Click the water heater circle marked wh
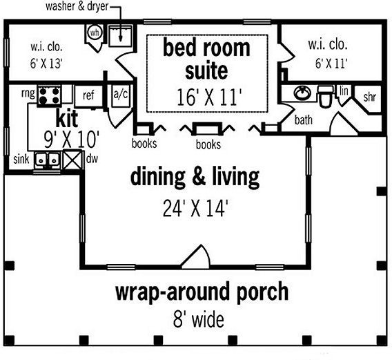pyautogui.click(x=95, y=32)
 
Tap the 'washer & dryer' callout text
pyautogui.click(x=77, y=6)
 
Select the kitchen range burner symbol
pyautogui.click(x=49, y=96)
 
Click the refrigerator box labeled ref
pyautogui.click(x=88, y=96)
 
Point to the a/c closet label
pyautogui.click(x=121, y=95)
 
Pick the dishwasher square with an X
pyautogui.click(x=72, y=160)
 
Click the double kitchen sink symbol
pyautogui.click(x=47, y=160)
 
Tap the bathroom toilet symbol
pyautogui.click(x=326, y=96)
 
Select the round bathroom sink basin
pyautogui.click(x=302, y=93)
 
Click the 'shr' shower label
pyautogui.click(x=369, y=97)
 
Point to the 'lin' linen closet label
pyautogui.click(x=344, y=91)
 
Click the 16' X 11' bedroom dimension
pyautogui.click(x=209, y=97)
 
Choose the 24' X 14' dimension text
pyautogui.click(x=195, y=208)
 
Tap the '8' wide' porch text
pyautogui.click(x=199, y=319)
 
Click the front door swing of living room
pyautogui.click(x=196, y=256)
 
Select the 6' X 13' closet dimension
pyautogui.click(x=46, y=64)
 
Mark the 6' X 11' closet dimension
pyautogui.click(x=331, y=64)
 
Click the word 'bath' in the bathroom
pyautogui.click(x=304, y=120)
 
